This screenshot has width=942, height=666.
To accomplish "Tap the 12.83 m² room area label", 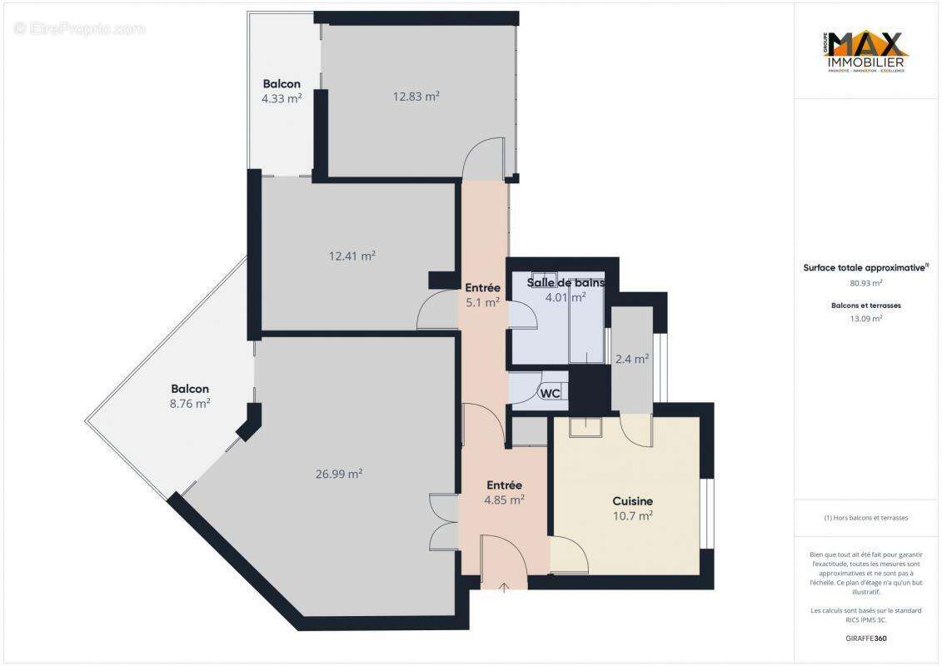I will (x=416, y=96).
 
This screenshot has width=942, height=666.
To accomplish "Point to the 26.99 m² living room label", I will (x=339, y=474).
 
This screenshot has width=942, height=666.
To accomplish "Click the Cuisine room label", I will (x=632, y=501).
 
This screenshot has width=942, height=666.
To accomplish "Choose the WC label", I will (x=550, y=393).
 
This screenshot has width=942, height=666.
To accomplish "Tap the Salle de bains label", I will (x=566, y=283).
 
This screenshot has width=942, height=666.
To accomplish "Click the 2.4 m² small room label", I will (x=631, y=360).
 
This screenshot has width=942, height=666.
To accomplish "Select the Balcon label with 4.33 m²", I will (x=282, y=84).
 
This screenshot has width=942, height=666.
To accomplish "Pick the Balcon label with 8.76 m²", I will (x=190, y=389).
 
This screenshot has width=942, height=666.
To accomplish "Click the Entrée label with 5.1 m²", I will (x=482, y=288).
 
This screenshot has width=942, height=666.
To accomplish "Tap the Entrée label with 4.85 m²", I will (x=505, y=485).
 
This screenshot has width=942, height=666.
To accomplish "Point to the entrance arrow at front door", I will (x=505, y=588).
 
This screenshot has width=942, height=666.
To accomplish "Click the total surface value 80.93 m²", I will (x=865, y=283).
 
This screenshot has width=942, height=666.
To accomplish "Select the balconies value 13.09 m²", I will (x=865, y=318).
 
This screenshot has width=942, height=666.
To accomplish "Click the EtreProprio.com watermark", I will (x=80, y=29).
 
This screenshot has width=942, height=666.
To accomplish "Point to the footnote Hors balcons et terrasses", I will (x=865, y=518).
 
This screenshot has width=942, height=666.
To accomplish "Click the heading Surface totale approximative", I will (x=865, y=268).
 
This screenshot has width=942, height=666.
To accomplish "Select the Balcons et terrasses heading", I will (x=865, y=306).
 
